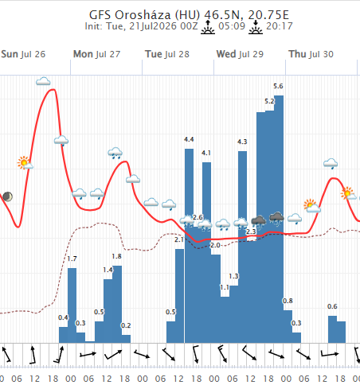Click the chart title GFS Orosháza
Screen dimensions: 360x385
click(x=130, y=15)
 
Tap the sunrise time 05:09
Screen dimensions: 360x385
click(x=232, y=26)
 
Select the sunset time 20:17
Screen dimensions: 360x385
click(x=280, y=26)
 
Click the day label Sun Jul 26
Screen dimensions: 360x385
click(x=23, y=54)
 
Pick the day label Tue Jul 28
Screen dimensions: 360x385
click(x=167, y=54)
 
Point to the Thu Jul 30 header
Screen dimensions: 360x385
click(x=311, y=54)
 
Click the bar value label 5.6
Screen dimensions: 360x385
click(x=278, y=86)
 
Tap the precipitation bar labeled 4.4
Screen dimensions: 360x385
click(x=189, y=246)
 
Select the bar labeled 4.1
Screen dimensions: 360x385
click(x=207, y=252)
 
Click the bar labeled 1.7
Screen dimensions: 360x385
click(x=72, y=305)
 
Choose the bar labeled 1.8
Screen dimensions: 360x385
click(x=117, y=304)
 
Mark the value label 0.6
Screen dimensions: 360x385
click(x=332, y=306)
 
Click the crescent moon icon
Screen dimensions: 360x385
click(x=8, y=196)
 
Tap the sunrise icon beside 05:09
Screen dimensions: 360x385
click(x=208, y=27)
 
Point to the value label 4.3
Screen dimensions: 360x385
click(x=242, y=142)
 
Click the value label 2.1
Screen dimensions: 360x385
click(x=179, y=239)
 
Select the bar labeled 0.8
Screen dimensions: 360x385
click(x=288, y=326)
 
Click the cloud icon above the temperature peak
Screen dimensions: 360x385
click(x=43, y=81)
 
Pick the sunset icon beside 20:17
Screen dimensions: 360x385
click(x=256, y=27)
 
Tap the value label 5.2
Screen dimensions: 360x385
click(x=269, y=101)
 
